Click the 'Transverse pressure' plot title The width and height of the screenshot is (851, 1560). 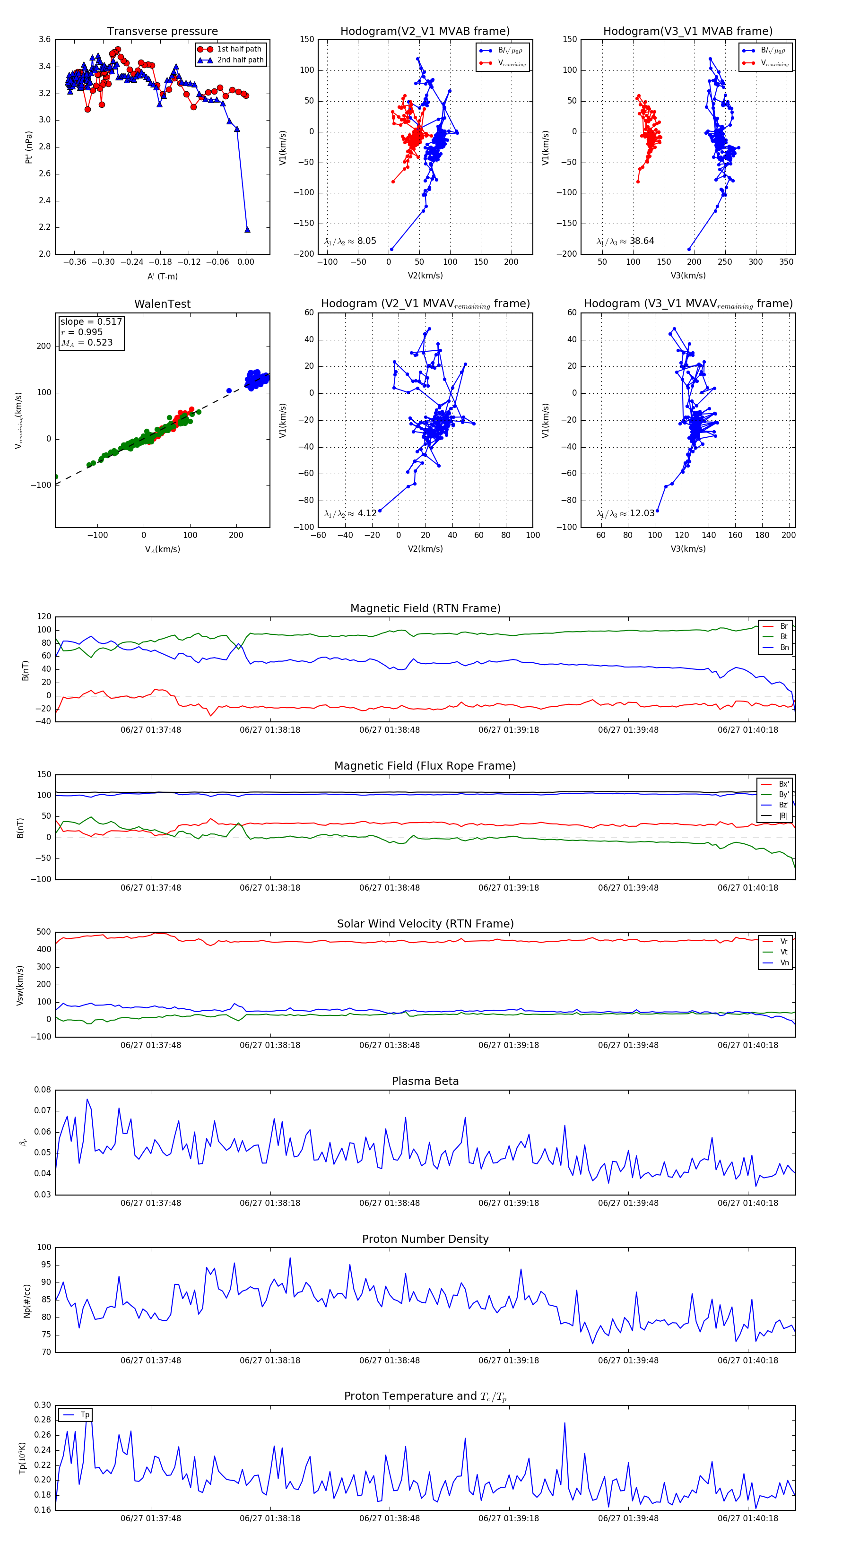[x=162, y=32]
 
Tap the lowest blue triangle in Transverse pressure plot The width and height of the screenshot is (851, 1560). [x=247, y=230]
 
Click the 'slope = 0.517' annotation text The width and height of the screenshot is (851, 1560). [x=91, y=321]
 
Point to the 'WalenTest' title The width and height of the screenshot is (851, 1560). [x=162, y=304]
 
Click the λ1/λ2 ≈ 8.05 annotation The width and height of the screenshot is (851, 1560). [x=350, y=241]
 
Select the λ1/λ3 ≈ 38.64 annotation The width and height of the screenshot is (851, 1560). [x=625, y=241]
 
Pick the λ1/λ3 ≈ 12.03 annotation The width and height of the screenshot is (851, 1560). [x=625, y=513]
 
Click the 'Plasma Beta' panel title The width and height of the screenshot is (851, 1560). [x=425, y=1081]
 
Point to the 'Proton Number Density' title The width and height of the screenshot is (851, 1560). [x=425, y=1239]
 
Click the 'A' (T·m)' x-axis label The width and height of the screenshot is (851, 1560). [x=162, y=276]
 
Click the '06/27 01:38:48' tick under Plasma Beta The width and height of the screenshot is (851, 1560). [x=390, y=1203]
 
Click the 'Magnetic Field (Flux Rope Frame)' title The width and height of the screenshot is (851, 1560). [x=425, y=766]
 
